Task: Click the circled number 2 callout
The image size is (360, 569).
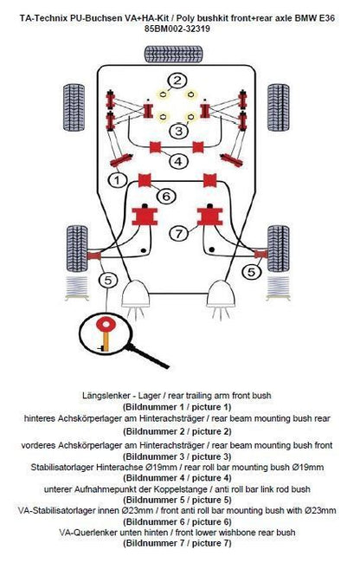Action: (177, 81)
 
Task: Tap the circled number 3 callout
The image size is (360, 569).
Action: (179, 130)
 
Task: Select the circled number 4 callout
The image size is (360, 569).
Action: (178, 161)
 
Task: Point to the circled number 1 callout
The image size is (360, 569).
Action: (118, 179)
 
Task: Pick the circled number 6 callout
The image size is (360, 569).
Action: (166, 196)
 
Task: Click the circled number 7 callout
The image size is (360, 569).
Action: (179, 233)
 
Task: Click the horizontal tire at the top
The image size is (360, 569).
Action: (174, 55)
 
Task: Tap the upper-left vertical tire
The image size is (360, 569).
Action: (74, 107)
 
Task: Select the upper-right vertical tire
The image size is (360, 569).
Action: (279, 107)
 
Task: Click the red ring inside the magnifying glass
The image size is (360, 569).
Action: (106, 324)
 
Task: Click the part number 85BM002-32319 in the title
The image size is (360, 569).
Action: (177, 29)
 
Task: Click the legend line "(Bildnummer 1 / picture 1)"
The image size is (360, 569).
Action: (177, 407)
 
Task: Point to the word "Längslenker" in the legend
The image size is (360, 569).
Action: (104, 395)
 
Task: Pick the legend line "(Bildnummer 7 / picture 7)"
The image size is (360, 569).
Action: (177, 543)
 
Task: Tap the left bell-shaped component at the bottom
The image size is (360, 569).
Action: (136, 294)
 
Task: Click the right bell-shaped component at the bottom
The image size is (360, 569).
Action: (222, 294)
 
